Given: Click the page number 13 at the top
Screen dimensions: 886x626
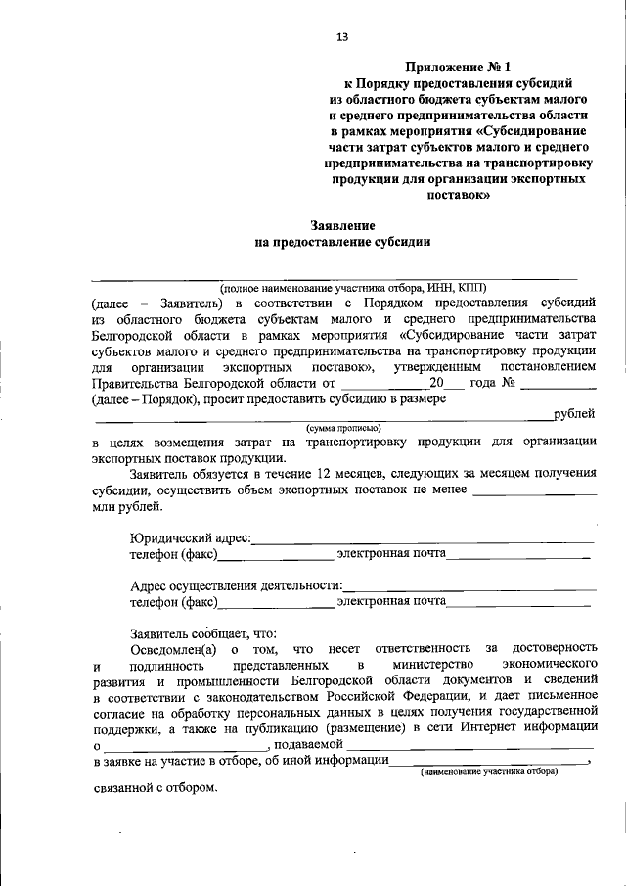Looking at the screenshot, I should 342,37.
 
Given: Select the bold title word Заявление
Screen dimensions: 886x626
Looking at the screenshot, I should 342,224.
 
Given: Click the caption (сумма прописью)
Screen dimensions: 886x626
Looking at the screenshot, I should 343,428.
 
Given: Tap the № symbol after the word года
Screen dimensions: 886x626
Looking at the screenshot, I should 508,382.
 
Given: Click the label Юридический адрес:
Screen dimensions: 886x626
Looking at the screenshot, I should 191,537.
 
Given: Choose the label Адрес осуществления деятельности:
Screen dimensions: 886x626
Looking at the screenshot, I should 236,585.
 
